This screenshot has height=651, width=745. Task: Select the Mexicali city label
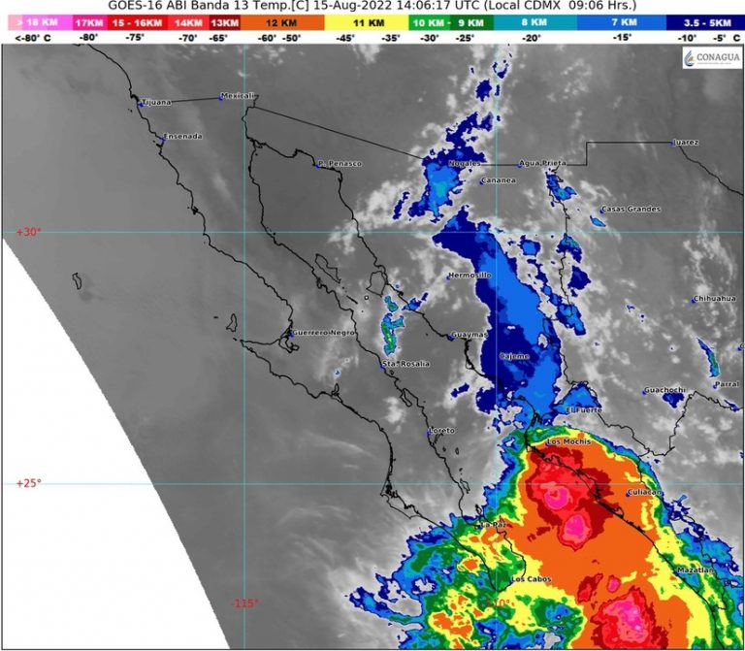tap(238, 95)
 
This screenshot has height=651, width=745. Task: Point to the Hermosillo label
tap(470, 277)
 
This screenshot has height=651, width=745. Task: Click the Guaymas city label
tap(468, 337)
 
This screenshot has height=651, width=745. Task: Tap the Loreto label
tap(441, 430)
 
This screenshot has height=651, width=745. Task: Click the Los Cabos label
tap(531, 579)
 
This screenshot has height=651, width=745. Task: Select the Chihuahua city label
tap(716, 299)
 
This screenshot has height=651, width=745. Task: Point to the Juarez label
tap(686, 143)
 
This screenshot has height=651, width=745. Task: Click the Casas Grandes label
tap(631, 209)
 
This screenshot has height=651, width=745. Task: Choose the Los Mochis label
tap(568, 442)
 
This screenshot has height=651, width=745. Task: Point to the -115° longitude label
tap(244, 602)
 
